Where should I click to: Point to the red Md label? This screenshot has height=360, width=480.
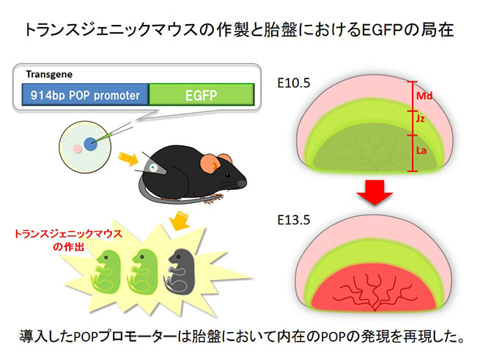coord(424,97)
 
